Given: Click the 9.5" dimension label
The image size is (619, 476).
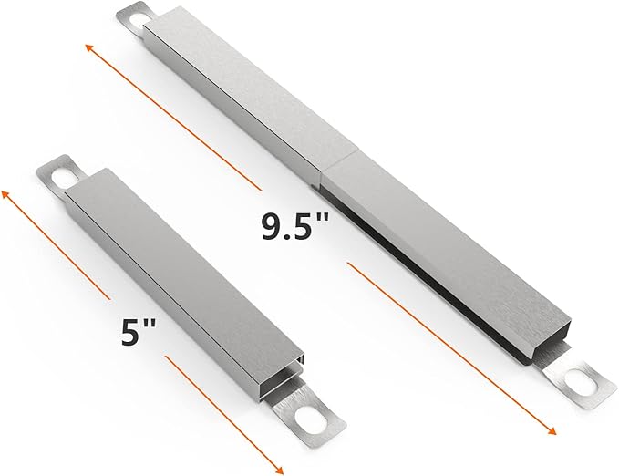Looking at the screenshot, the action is point(294,226).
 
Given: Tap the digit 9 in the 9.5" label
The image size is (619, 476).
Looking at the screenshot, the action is point(272,226).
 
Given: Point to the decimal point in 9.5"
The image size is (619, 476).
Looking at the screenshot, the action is point(290,236).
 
